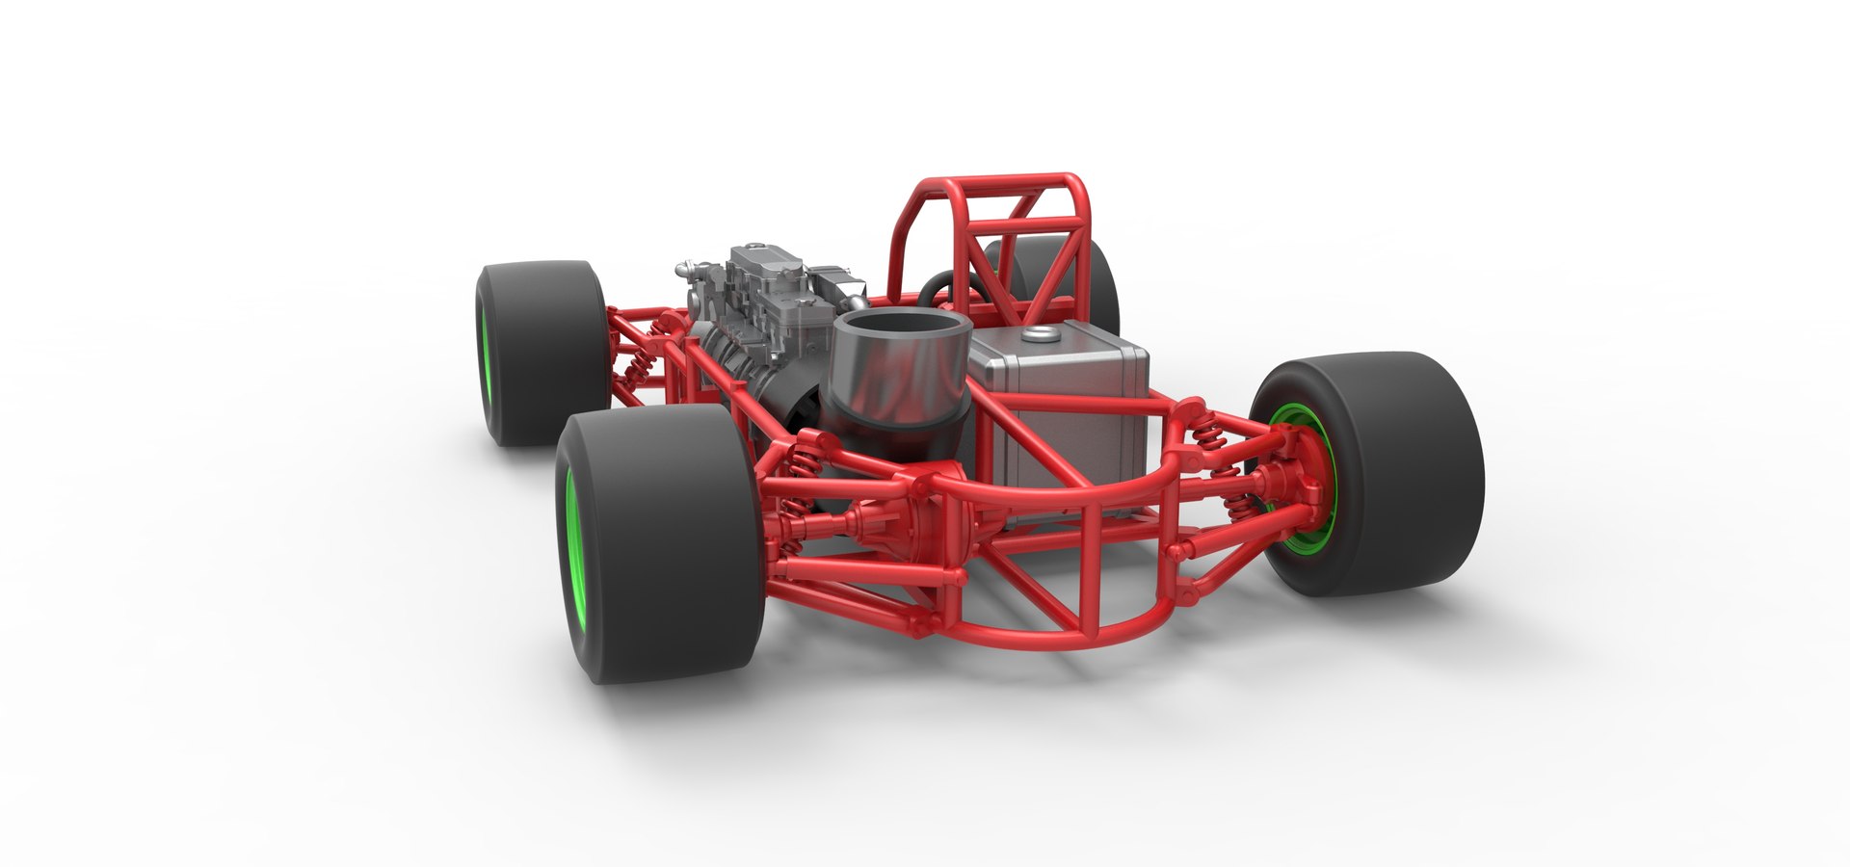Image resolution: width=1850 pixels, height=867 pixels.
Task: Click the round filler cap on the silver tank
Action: click(1039, 334)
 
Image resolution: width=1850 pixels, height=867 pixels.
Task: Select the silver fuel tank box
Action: click(1070, 405)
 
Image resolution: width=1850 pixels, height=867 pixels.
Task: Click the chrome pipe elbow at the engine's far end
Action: click(687, 263)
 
